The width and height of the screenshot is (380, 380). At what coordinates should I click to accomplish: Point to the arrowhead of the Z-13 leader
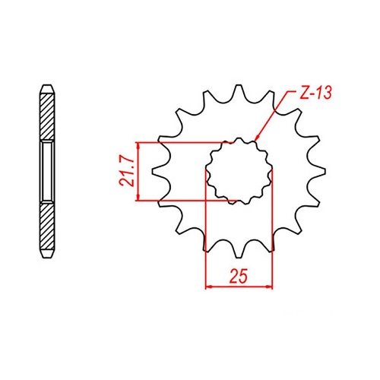pyautogui.click(x=257, y=141)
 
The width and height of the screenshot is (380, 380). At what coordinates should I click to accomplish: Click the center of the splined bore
pyautogui.click(x=239, y=172)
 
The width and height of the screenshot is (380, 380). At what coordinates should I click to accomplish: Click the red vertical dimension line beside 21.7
pyautogui.click(x=138, y=171)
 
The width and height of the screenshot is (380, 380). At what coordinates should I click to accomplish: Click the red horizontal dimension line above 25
pyautogui.click(x=239, y=287)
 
